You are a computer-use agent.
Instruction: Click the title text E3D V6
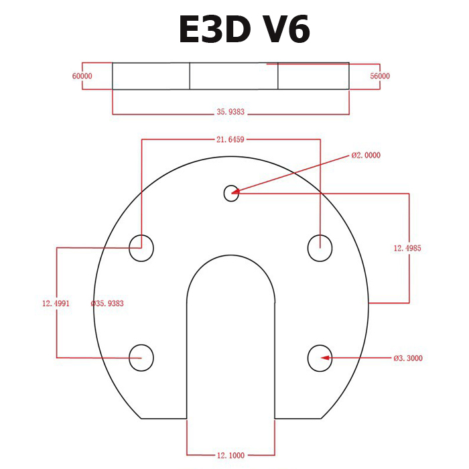pyautogui.click(x=245, y=31)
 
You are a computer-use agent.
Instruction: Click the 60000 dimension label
pyautogui.click(x=82, y=76)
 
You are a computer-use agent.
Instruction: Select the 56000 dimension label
pyautogui.click(x=380, y=76)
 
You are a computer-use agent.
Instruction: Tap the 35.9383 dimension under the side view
pyautogui.click(x=231, y=113)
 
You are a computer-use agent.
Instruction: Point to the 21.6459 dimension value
pyautogui.click(x=230, y=140)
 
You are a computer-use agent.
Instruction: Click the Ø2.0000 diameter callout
pyautogui.click(x=366, y=155)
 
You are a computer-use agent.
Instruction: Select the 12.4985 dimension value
pyautogui.click(x=407, y=248)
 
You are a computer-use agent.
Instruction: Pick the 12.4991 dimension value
pyautogui.click(x=56, y=304)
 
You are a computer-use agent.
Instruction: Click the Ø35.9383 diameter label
pyautogui.click(x=107, y=304)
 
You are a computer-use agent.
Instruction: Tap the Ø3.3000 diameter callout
pyautogui.click(x=407, y=358)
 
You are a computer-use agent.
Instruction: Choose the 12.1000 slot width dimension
pyautogui.click(x=230, y=456)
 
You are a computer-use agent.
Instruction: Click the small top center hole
pyautogui.click(x=230, y=193)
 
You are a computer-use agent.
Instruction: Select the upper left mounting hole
pyautogui.click(x=141, y=248)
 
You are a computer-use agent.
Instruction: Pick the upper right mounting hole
pyautogui.click(x=320, y=248)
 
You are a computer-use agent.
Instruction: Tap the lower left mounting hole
pyautogui.click(x=141, y=357)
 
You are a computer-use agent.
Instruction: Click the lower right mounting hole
pyautogui.click(x=320, y=357)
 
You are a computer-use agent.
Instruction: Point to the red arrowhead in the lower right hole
pyautogui.click(x=326, y=358)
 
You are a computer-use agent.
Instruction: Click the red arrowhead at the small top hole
pyautogui.click(x=235, y=192)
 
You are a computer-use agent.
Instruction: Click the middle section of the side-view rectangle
pyautogui.click(x=234, y=76)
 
